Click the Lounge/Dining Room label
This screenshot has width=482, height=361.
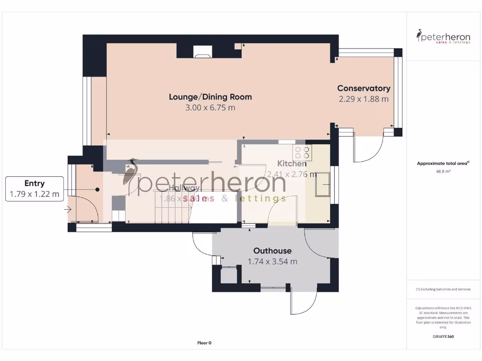coord(210,97)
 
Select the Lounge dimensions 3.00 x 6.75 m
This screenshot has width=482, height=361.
coord(210,108)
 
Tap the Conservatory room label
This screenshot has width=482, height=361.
coord(363,88)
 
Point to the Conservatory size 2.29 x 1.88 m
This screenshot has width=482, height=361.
coord(363,99)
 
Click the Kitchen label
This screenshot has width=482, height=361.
coord(291,164)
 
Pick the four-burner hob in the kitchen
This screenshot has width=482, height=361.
coord(302,153)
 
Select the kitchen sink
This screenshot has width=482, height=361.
coord(323,185)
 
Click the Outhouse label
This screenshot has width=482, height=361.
coord(272,251)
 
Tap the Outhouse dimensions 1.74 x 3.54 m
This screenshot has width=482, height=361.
coord(272,262)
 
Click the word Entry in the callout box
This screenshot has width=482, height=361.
coord(34,183)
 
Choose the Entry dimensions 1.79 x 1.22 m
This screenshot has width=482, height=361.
coord(34,194)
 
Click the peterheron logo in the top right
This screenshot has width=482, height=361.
coord(443,37)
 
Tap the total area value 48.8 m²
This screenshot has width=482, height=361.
coord(443,172)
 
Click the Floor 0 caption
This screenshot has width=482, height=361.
coord(204,343)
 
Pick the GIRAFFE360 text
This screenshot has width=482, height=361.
coord(443,337)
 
